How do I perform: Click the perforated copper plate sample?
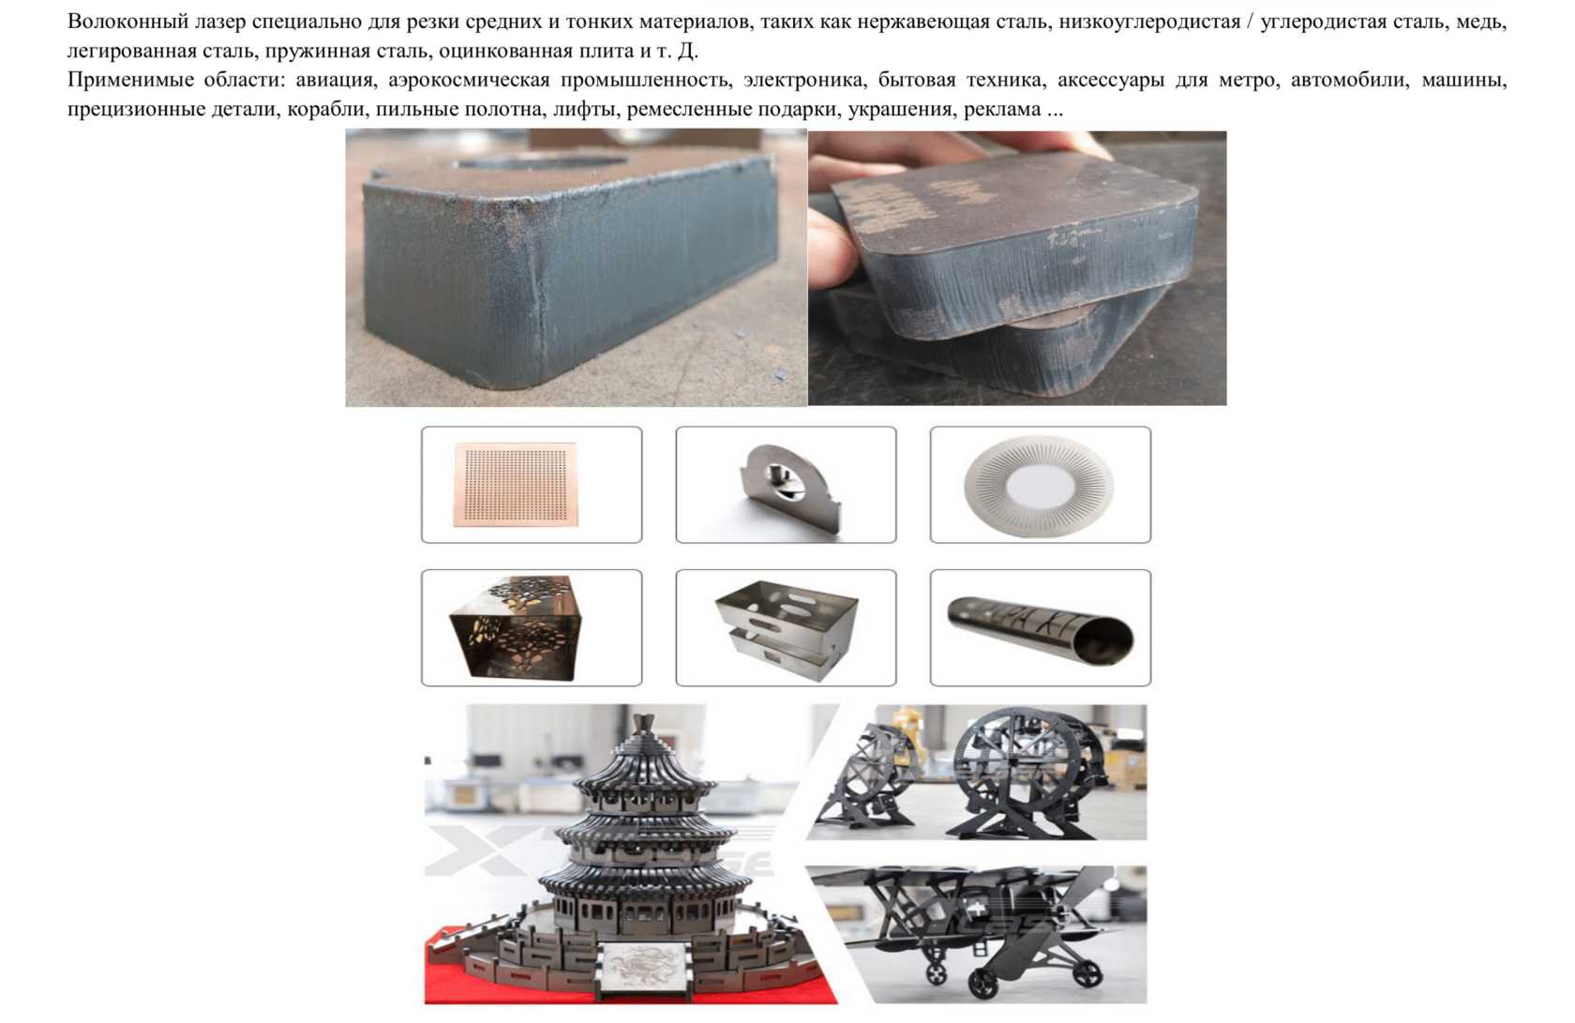(x=516, y=485)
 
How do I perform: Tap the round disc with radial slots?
(x=1040, y=486)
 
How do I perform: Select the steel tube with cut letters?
(x=1041, y=629)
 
